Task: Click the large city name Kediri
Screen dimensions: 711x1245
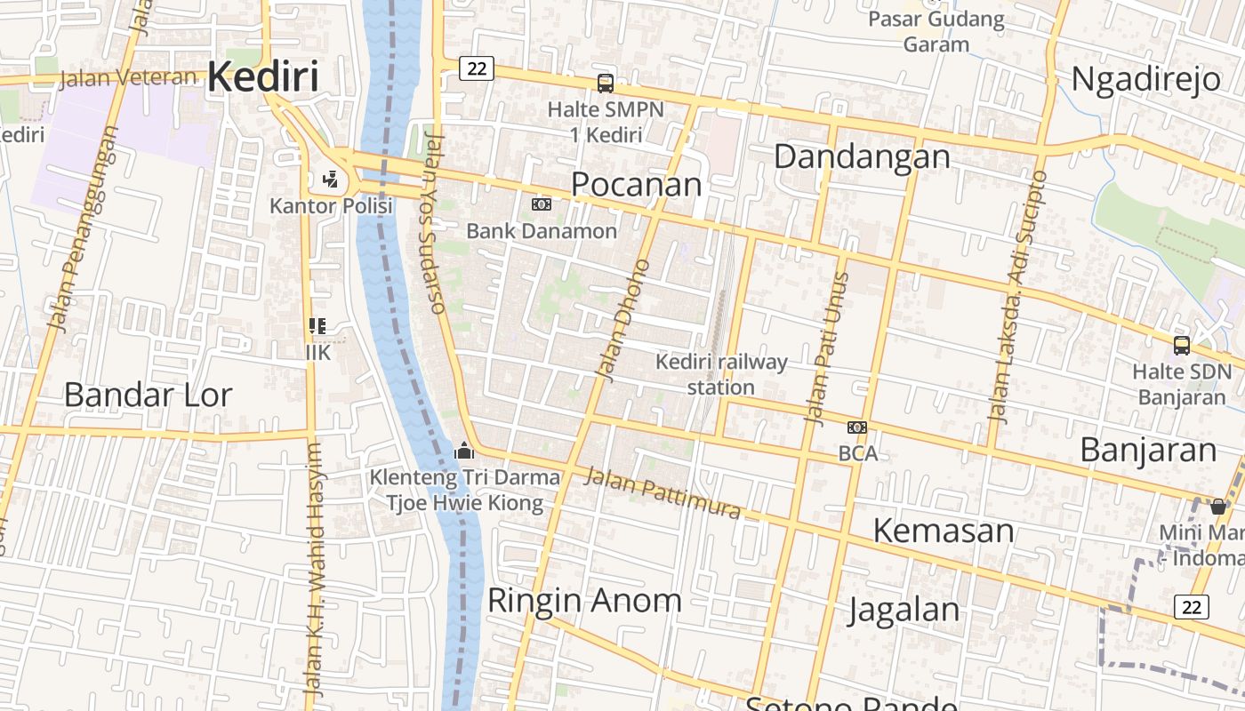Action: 262,77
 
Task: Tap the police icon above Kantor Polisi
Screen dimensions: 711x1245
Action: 331,180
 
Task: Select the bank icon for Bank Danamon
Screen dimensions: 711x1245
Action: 541,204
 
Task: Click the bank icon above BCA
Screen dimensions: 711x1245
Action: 857,427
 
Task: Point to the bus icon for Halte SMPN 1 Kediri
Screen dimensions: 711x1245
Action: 605,84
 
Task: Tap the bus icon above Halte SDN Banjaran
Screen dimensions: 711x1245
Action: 1181,346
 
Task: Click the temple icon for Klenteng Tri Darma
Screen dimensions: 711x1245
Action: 463,451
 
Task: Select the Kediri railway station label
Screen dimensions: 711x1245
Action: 721,374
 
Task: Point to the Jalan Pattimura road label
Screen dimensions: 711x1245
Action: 662,493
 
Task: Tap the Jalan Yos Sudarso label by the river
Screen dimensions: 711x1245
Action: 432,222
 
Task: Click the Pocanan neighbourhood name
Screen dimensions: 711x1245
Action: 636,184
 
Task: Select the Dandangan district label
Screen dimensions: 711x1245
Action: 861,156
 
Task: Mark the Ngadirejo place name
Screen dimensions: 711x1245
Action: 1145,79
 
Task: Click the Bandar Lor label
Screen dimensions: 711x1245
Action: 148,395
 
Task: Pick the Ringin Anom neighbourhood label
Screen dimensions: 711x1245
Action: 584,600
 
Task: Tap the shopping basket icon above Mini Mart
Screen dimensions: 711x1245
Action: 1217,507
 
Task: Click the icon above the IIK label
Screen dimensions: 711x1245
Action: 317,327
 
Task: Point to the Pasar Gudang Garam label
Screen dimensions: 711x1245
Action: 936,31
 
